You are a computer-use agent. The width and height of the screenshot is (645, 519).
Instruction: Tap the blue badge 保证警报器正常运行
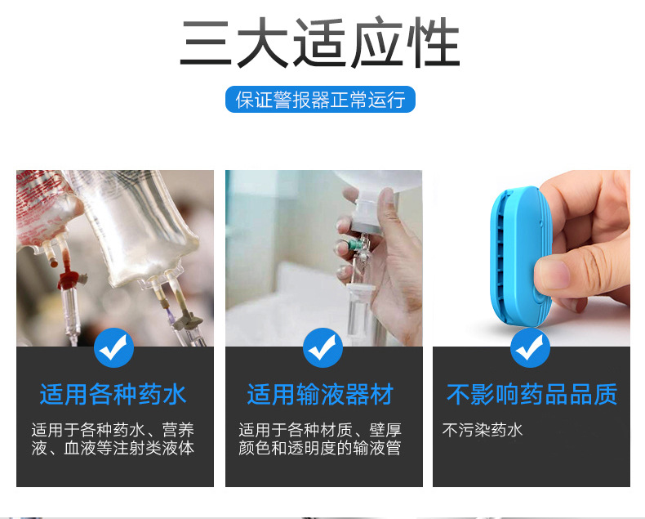click(x=320, y=101)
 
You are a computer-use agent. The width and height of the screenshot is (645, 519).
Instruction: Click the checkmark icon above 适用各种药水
click(x=113, y=348)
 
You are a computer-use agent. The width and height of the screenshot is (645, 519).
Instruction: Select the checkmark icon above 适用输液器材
click(x=322, y=348)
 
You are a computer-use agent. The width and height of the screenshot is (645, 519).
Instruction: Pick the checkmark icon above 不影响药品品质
click(x=531, y=348)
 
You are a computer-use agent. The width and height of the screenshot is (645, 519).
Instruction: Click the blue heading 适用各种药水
click(x=113, y=395)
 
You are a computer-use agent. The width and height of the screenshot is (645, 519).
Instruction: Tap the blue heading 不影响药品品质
click(x=532, y=395)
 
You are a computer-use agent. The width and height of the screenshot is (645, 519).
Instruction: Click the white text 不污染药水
click(x=483, y=430)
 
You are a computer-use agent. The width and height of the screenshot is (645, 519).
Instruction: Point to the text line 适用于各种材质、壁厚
click(x=320, y=430)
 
